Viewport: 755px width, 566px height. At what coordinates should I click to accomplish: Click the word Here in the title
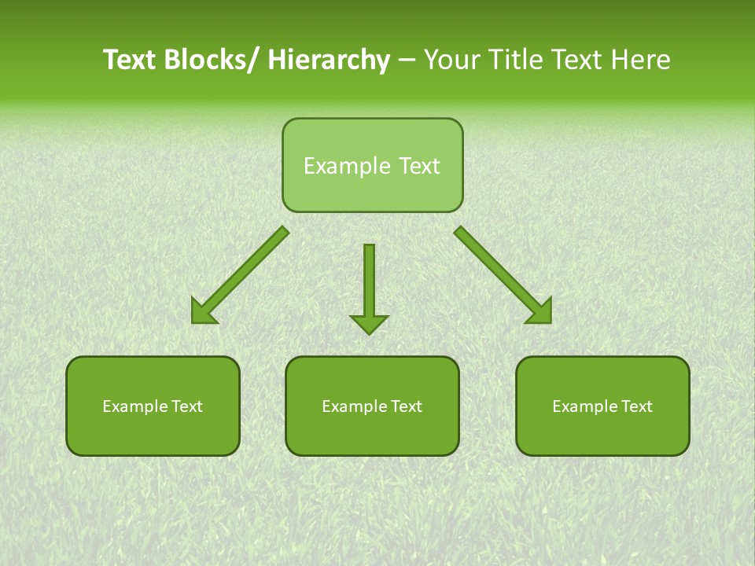(x=641, y=60)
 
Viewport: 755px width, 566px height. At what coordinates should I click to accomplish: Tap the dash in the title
(x=407, y=60)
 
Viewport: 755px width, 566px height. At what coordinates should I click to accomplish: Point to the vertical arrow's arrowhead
(x=369, y=323)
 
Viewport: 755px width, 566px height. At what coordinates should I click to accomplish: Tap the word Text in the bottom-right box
(x=636, y=406)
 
